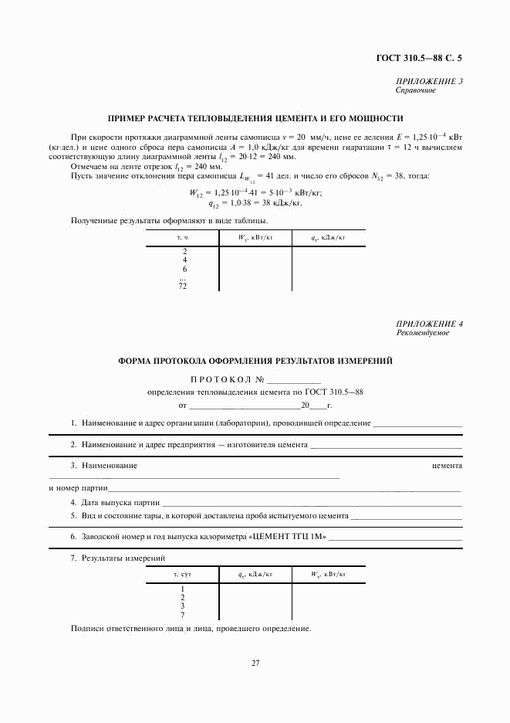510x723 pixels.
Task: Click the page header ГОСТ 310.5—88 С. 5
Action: (423, 58)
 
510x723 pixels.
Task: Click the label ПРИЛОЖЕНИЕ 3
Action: (429, 81)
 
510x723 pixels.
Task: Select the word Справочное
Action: (416, 90)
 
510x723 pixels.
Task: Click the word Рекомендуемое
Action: (421, 333)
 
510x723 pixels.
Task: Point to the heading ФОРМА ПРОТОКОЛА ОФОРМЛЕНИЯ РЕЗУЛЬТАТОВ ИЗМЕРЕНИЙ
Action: (255, 360)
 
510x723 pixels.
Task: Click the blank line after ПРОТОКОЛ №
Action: (294, 381)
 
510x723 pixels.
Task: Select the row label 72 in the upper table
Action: (184, 287)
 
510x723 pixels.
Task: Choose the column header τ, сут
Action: (183, 574)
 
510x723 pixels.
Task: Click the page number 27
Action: (255, 663)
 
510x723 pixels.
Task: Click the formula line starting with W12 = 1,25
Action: (255, 194)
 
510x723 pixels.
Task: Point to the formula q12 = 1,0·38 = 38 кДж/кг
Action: (255, 205)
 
